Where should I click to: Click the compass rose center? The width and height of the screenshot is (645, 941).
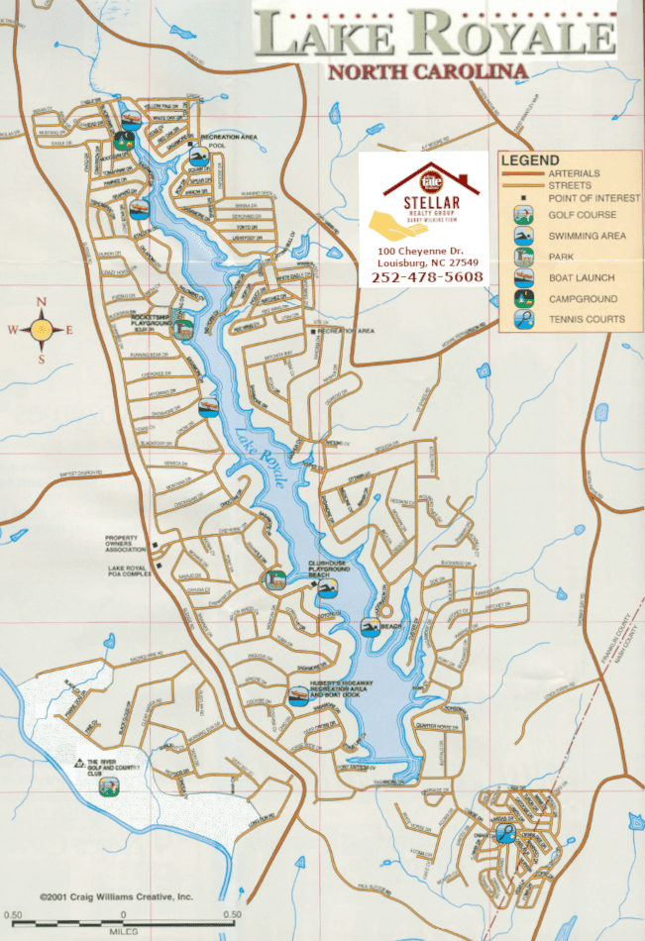(x=41, y=330)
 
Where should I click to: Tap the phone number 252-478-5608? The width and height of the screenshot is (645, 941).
(x=427, y=276)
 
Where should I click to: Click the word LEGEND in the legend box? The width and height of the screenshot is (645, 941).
(x=530, y=160)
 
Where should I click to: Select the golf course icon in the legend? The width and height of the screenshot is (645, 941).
(x=521, y=214)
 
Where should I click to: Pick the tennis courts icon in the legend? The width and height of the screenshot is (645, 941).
(x=521, y=319)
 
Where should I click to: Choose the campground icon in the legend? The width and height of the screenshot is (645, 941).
(x=521, y=298)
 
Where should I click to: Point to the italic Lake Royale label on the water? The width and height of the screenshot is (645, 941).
(x=262, y=459)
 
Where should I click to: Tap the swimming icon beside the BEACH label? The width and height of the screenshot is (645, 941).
(x=371, y=627)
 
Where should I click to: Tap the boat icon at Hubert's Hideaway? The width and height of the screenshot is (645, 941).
(x=297, y=695)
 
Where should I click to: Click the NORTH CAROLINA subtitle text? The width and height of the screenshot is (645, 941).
(x=426, y=71)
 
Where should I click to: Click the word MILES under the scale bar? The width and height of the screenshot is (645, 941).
(x=123, y=932)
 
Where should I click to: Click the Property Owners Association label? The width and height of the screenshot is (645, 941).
(x=128, y=544)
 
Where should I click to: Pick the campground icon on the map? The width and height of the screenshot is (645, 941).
(x=124, y=140)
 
